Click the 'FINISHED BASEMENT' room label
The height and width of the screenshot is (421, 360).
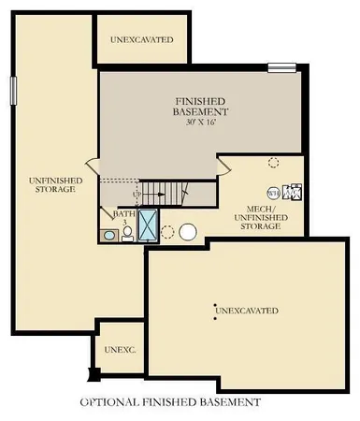(202, 105)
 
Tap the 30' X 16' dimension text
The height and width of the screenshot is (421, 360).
(202, 122)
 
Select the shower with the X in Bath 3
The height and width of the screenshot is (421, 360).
(149, 225)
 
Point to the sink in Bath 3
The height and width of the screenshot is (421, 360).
(110, 236)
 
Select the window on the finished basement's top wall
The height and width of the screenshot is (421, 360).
(281, 65)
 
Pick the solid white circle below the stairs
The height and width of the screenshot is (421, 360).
(188, 231)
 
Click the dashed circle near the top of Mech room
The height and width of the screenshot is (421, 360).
(273, 162)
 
